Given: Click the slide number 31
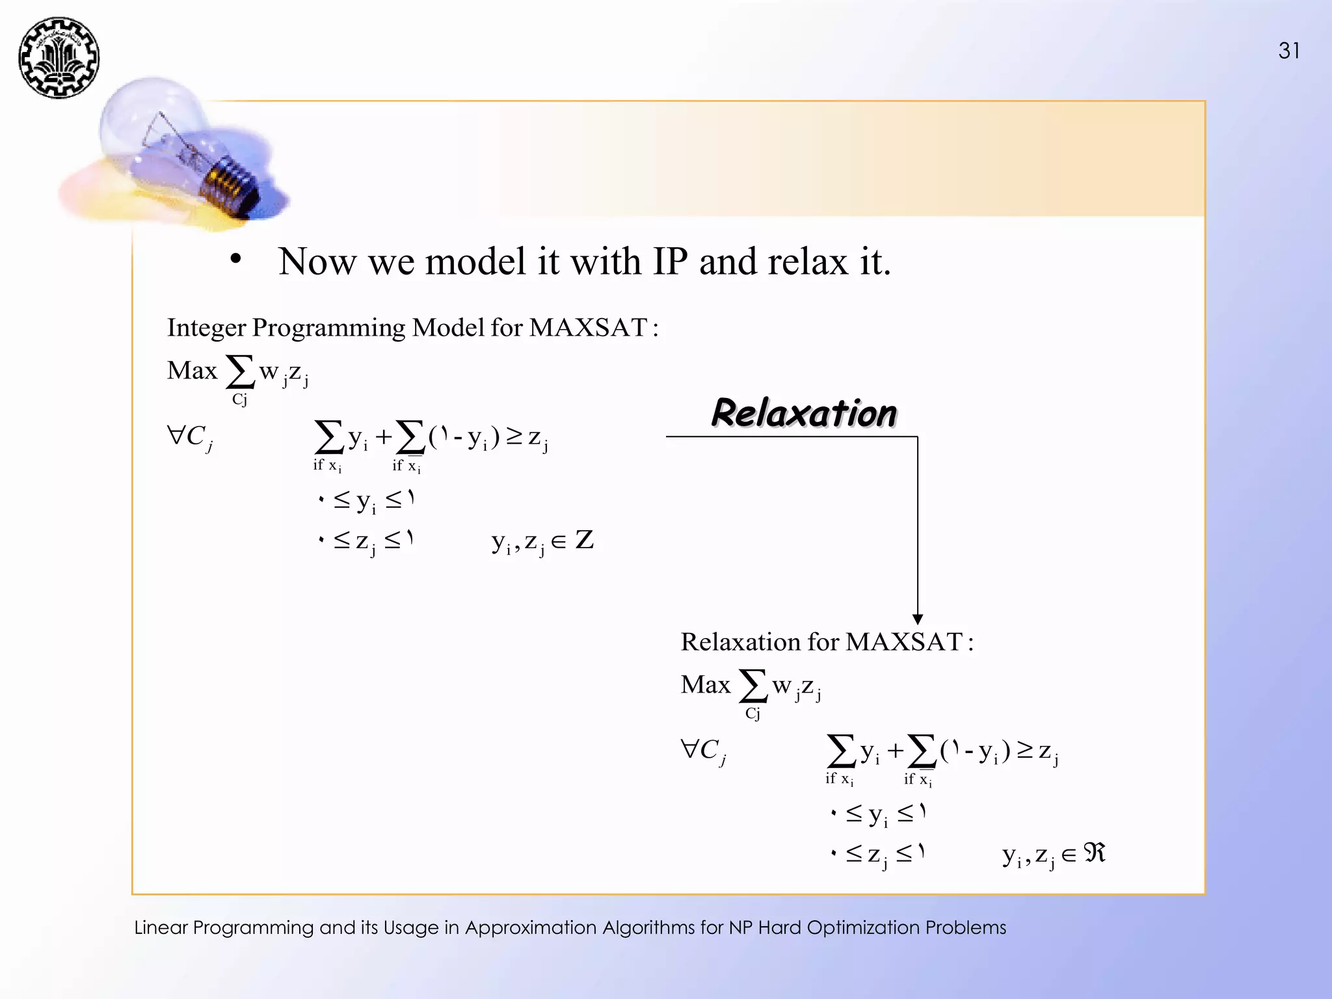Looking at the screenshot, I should (x=1289, y=51).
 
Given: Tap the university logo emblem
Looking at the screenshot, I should (x=59, y=58).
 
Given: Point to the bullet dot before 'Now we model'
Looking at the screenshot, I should (x=235, y=259).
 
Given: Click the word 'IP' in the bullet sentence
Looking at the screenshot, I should (x=670, y=261).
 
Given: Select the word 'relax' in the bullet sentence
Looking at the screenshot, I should (x=807, y=261).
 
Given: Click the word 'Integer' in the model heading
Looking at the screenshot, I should (x=206, y=328).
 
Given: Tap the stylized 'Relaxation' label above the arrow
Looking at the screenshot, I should (x=804, y=414).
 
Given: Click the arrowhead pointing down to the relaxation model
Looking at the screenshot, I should (x=917, y=619).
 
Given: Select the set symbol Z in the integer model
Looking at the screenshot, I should (x=584, y=540).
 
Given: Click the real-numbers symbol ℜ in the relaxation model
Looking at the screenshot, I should (x=1095, y=853).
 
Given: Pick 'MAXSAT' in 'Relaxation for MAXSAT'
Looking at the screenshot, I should (x=903, y=642).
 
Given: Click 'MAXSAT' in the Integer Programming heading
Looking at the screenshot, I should (x=588, y=328).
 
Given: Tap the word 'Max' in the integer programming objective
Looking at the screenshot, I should (x=192, y=371).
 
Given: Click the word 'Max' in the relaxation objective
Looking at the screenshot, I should (x=706, y=685).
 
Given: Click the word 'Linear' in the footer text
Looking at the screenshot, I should (x=161, y=927).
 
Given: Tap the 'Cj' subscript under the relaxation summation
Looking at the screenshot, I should (x=753, y=714).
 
